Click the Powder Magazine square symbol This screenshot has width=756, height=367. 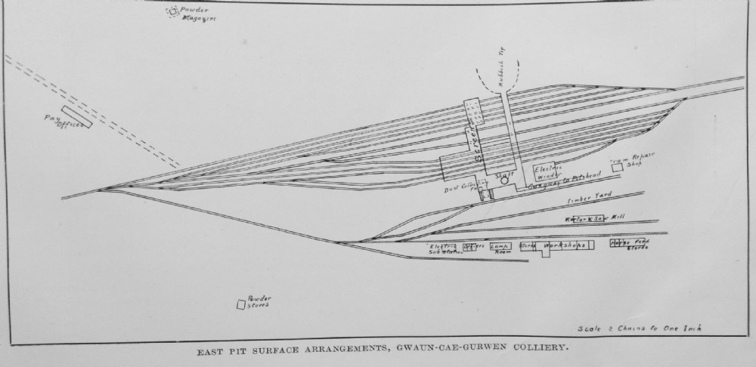coord(173,11)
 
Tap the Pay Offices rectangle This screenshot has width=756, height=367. coord(77,117)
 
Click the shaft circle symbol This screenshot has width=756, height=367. coord(504,181)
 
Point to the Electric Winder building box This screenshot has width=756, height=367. coord(546,172)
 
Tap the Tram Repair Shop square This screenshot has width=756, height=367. coord(618,167)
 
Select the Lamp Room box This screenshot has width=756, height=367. coord(500,246)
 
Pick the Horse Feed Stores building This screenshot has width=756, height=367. coord(630,244)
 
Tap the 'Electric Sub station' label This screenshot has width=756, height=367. coord(444,249)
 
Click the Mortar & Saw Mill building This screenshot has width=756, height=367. coord(590,219)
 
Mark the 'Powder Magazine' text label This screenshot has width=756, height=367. coord(194,15)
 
